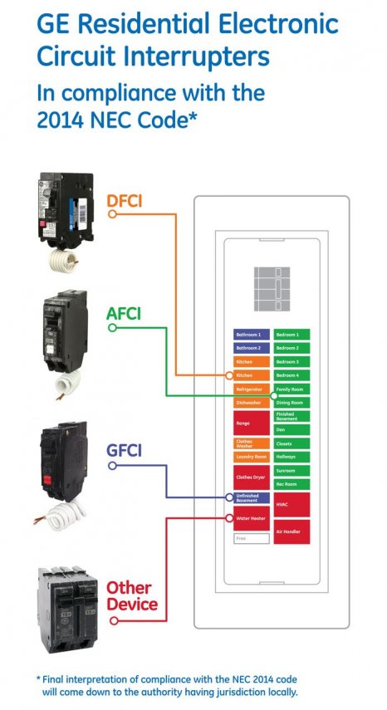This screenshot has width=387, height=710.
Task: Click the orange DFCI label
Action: (x=130, y=200)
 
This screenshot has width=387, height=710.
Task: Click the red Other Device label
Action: (x=131, y=595)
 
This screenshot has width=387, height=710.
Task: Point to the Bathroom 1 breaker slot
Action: (x=252, y=334)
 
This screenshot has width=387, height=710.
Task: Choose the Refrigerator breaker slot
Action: (x=252, y=389)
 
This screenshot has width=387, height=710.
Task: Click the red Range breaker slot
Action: (x=252, y=423)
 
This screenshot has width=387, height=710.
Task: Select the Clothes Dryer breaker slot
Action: (x=252, y=477)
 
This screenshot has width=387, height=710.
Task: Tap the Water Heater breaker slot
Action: (x=252, y=518)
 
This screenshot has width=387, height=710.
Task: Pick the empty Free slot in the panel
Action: (x=252, y=539)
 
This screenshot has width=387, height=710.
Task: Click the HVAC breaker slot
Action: (x=292, y=504)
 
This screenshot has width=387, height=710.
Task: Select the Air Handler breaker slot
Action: (x=292, y=531)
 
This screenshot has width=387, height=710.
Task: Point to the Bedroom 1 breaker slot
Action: (x=292, y=334)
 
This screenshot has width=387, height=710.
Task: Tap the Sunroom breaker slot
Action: (x=292, y=469)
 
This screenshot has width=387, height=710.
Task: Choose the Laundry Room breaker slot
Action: (x=252, y=457)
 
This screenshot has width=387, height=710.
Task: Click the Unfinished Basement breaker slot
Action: (x=252, y=498)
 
